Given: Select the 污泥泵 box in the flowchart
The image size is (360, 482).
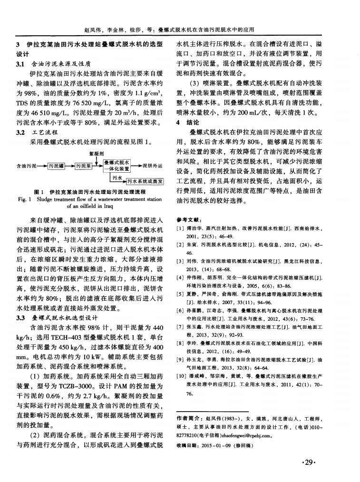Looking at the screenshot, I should coord(85,166).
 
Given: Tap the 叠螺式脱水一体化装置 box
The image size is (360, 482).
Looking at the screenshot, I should coord(117,166).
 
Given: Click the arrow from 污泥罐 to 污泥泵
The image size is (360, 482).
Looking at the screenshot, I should coord(70,166).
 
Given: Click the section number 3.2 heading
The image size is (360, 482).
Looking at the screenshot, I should coord(21,132).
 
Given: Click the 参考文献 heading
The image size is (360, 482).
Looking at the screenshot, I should coord(186,220).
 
